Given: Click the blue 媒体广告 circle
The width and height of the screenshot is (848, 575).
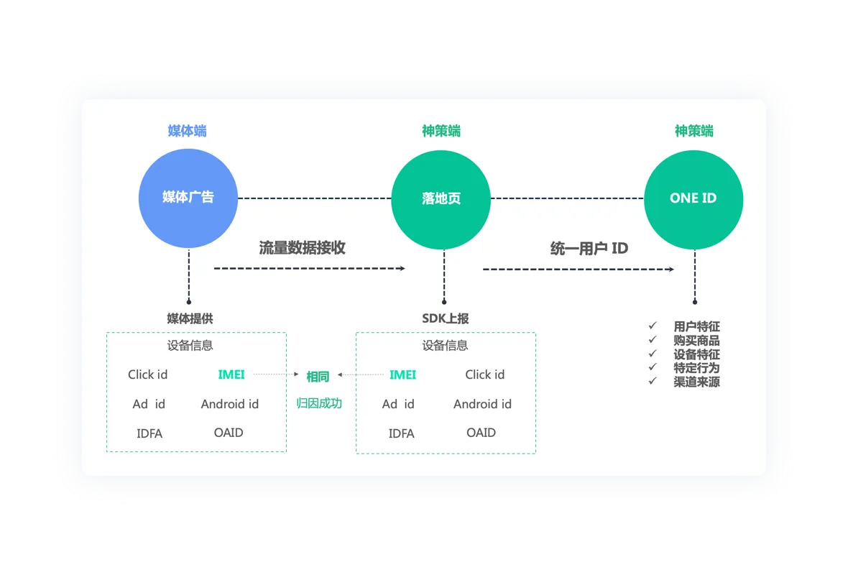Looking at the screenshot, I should (x=188, y=198).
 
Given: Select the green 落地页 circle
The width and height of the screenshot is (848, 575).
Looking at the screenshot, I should (x=441, y=198).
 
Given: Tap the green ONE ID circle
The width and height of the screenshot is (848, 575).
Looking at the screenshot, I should (x=693, y=198).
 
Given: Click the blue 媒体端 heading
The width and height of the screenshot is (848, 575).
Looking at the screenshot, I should (x=187, y=131).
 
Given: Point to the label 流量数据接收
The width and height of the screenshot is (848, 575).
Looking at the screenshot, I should (x=302, y=248).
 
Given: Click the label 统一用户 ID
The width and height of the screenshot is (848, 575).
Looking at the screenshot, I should (x=589, y=249).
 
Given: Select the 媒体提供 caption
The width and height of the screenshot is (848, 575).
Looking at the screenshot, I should (x=190, y=318).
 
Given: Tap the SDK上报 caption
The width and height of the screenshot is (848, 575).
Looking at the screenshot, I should (x=445, y=318).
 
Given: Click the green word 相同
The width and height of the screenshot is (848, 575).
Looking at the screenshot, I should (x=318, y=377).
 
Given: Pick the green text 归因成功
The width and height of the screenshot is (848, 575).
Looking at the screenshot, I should (x=319, y=403).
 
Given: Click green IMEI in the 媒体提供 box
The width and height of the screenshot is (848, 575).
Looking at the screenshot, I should (x=231, y=374).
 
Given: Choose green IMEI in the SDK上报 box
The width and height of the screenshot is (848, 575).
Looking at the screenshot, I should (x=402, y=374).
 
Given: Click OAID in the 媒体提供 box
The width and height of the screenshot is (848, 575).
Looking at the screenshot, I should (x=229, y=433).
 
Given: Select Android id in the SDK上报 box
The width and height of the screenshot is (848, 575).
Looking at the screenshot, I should (x=482, y=404).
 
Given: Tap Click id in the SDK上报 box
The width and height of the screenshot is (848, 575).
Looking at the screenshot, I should (x=484, y=374).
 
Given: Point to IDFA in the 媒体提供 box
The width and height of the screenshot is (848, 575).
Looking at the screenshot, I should (x=149, y=433).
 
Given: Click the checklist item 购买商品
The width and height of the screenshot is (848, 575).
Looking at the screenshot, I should (x=696, y=341).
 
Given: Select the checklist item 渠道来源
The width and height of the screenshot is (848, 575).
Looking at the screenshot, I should (x=696, y=382).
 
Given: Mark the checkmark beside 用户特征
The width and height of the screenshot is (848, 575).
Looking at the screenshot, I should (x=653, y=326).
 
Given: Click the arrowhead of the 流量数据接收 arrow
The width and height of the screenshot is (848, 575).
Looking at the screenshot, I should (x=401, y=269).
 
